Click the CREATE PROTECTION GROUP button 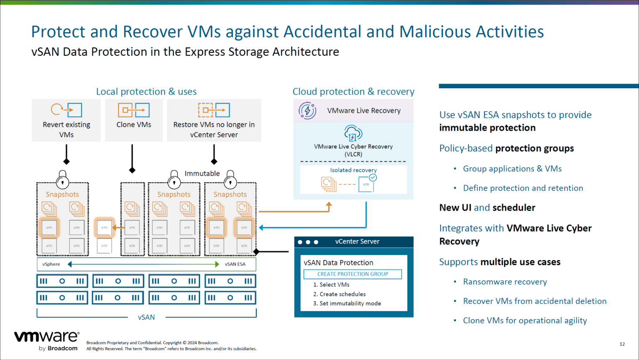(x=352, y=274)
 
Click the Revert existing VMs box (x=66, y=120)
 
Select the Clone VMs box (x=134, y=120)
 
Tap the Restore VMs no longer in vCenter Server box (x=214, y=120)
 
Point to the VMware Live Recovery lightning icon (x=307, y=111)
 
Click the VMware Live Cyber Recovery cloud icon (x=353, y=133)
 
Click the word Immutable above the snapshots (x=202, y=174)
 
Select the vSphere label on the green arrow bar (x=51, y=264)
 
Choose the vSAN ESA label (x=235, y=264)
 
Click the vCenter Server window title (x=357, y=241)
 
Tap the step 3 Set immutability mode (x=347, y=303)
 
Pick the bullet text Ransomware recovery (x=505, y=282)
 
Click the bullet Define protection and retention (x=523, y=188)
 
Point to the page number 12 (x=622, y=344)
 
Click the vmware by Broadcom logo (x=47, y=340)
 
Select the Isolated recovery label (x=353, y=170)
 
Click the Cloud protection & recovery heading (x=353, y=92)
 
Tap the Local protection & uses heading (x=146, y=92)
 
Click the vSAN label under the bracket (x=146, y=317)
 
